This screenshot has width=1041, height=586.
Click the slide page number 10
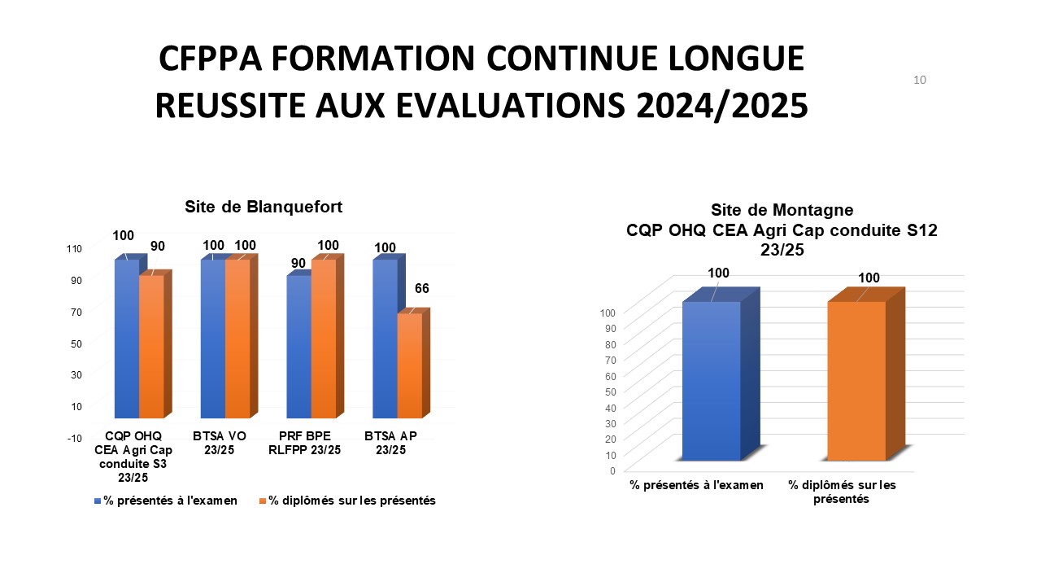tap(920, 80)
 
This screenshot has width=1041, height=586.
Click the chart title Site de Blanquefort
tap(264, 207)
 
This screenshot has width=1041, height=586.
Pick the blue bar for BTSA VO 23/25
tap(213, 338)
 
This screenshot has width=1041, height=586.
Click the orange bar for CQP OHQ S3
tap(151, 346)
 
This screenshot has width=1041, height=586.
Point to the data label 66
tap(421, 289)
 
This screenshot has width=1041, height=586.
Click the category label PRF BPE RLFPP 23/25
tap(304, 443)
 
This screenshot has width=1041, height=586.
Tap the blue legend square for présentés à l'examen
tap(98, 501)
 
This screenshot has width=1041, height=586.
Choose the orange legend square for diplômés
tap(263, 501)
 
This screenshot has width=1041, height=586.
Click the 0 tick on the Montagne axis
tap(612, 470)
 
